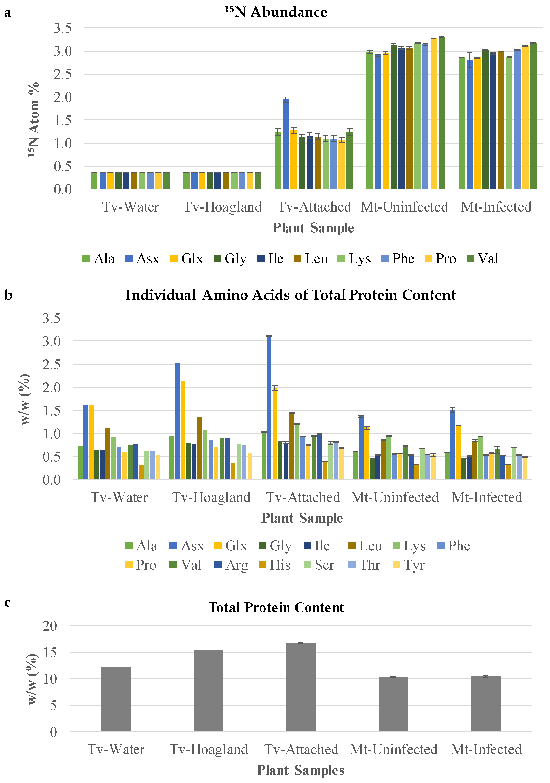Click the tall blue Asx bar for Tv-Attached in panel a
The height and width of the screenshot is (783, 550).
tap(286, 144)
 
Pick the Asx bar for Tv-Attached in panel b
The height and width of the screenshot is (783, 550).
tap(269, 408)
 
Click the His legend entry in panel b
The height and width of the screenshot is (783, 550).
tap(274, 565)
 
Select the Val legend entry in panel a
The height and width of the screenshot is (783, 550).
tap(483, 259)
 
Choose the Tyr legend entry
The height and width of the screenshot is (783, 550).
tap(409, 565)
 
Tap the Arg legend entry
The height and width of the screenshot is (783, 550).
tap(231, 565)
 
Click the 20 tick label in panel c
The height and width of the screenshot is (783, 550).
tap(50, 625)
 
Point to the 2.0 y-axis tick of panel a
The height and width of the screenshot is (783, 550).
tap(63, 97)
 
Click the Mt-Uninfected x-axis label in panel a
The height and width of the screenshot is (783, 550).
tap(404, 207)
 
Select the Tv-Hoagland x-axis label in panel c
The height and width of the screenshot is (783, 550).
tap(209, 749)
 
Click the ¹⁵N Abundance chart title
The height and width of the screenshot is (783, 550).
tap(276, 12)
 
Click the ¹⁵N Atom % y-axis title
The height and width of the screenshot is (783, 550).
tap(33, 119)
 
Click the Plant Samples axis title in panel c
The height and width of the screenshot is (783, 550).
tap(301, 770)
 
